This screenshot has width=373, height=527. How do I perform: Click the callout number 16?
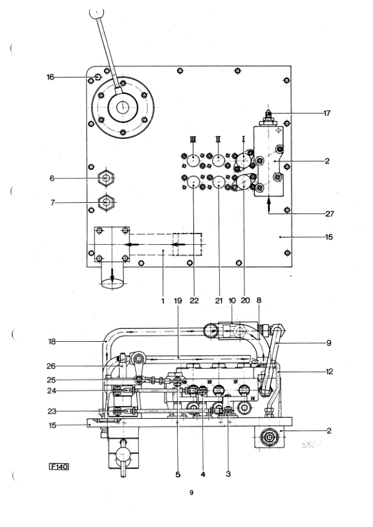[50, 78]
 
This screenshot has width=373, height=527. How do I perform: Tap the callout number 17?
[327, 113]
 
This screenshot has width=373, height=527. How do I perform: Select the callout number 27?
[330, 214]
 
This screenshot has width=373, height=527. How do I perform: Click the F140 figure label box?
[59, 466]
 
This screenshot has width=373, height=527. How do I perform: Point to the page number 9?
[192, 493]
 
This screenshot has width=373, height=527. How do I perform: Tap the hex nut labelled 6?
[106, 178]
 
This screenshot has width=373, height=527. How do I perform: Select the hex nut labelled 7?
[106, 202]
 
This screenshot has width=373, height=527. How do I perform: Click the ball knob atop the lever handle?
[97, 13]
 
